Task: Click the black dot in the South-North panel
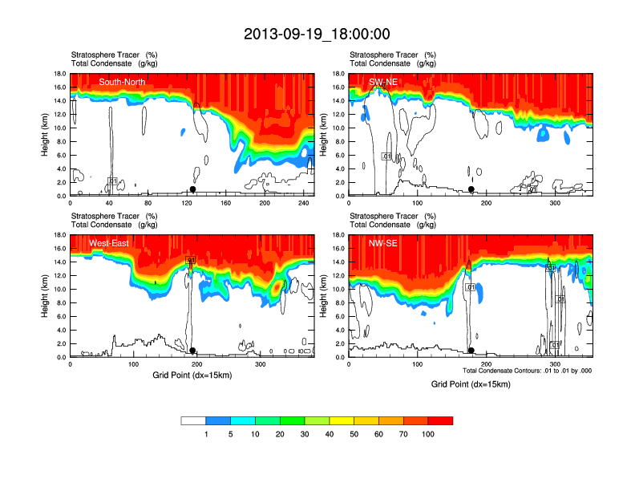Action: (192, 189)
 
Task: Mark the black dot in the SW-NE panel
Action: (471, 189)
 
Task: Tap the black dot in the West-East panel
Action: (192, 351)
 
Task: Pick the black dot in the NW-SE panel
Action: (471, 351)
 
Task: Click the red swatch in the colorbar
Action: (440, 420)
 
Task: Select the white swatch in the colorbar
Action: (193, 420)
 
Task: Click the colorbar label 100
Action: (428, 434)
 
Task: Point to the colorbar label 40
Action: (330, 434)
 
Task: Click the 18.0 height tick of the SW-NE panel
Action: (338, 74)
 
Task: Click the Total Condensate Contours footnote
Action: (527, 371)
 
